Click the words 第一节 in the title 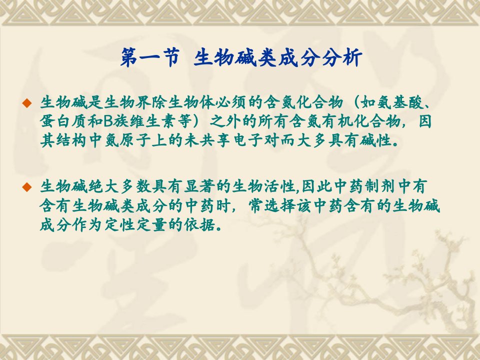click(x=149, y=57)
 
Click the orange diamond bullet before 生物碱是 click(x=27, y=103)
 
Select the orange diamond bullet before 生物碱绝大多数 click(x=27, y=186)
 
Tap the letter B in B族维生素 click(x=108, y=121)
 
